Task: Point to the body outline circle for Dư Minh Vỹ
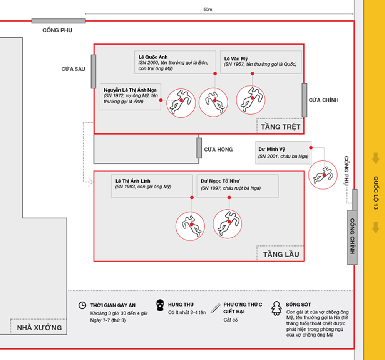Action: [324, 175]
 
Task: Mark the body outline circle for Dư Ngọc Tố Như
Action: [228, 223]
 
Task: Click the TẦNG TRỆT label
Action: [280, 127]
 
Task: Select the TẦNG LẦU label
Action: [281, 254]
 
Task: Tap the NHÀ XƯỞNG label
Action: [39, 328]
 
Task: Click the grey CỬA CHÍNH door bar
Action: [304, 100]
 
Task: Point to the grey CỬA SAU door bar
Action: [93, 71]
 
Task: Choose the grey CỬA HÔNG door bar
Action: [199, 148]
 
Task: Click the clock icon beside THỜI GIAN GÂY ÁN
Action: [82, 305]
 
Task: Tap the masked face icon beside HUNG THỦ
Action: [160, 306]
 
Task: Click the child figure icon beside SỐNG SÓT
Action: [276, 308]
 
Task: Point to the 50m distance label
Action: [208, 9]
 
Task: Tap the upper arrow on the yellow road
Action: [375, 158]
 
